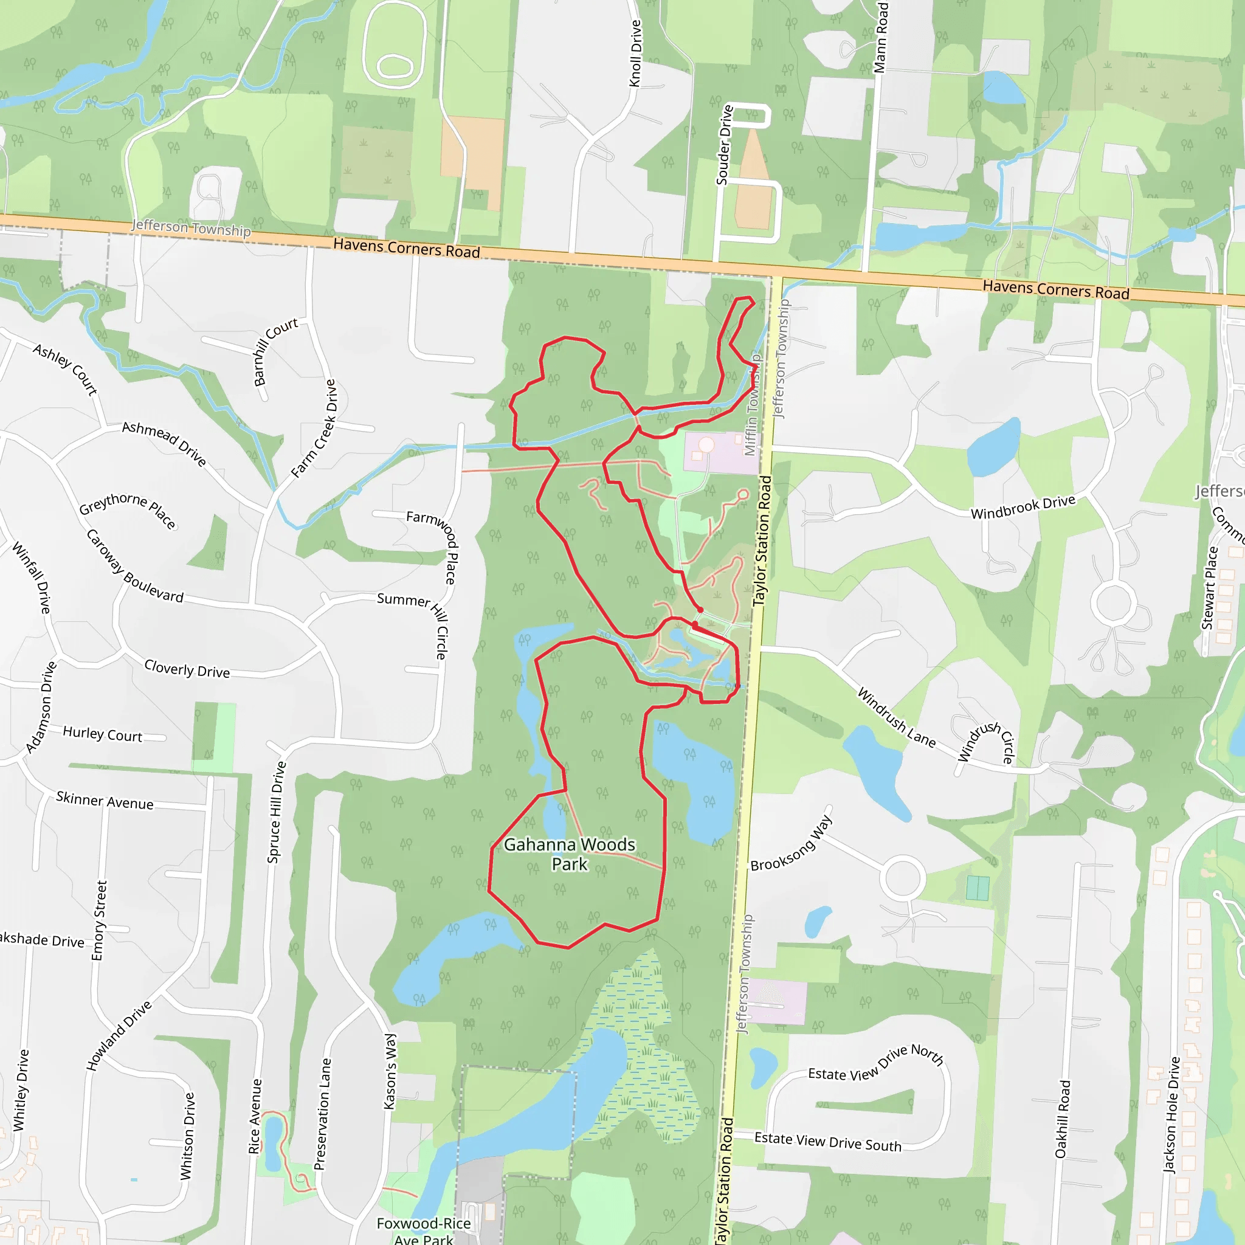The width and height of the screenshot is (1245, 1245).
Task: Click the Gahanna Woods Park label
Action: pyautogui.click(x=569, y=854)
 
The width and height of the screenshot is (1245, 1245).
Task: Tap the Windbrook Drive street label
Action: pyautogui.click(x=1023, y=506)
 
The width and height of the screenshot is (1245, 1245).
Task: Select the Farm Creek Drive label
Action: pyautogui.click(x=314, y=429)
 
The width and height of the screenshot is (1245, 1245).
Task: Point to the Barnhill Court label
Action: pyautogui.click(x=276, y=351)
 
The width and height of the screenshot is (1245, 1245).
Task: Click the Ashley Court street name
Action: pyautogui.click(x=65, y=368)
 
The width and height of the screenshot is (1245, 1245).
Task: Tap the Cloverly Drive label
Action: pyautogui.click(x=187, y=669)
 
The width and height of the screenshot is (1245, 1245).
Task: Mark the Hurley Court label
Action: pyautogui.click(x=103, y=734)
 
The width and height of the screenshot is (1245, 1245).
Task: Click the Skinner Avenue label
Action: pyautogui.click(x=105, y=801)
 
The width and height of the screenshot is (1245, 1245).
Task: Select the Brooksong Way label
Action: pyautogui.click(x=791, y=844)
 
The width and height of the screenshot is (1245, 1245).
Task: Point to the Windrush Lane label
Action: pyautogui.click(x=895, y=717)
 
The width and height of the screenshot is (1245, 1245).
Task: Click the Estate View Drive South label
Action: pyautogui.click(x=827, y=1141)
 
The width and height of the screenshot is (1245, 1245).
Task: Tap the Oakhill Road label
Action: pyautogui.click(x=1062, y=1119)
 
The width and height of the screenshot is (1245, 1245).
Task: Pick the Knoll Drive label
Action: pyautogui.click(x=635, y=53)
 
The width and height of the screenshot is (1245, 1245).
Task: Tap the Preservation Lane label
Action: pyautogui.click(x=322, y=1114)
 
